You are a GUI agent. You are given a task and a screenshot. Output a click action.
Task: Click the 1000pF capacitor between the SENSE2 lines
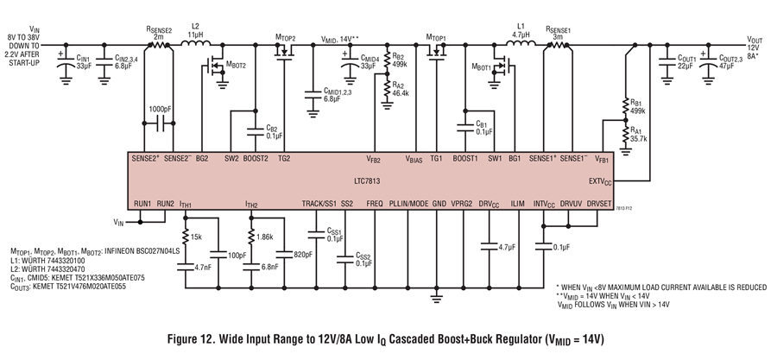(159, 123)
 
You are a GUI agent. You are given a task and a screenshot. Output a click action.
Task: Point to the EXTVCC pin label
(600, 181)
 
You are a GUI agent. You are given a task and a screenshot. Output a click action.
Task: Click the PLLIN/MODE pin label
(409, 204)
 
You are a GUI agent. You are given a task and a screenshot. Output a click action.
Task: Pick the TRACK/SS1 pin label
(319, 204)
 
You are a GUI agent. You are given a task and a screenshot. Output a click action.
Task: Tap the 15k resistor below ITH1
(186, 237)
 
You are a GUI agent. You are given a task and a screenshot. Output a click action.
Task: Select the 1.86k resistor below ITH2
(251, 237)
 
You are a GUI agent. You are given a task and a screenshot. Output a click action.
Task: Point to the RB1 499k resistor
(626, 105)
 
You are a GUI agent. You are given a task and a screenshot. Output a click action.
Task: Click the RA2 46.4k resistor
(388, 88)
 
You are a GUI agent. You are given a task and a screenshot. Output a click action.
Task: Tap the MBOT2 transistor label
(236, 64)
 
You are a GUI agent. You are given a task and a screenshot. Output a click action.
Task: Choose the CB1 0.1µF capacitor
(466, 127)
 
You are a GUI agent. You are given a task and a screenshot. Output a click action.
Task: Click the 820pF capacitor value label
(301, 255)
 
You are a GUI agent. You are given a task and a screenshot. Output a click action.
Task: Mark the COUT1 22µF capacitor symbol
(666, 62)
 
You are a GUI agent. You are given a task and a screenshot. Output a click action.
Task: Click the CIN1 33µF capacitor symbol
(65, 62)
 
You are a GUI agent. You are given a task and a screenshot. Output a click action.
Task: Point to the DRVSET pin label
(599, 204)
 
